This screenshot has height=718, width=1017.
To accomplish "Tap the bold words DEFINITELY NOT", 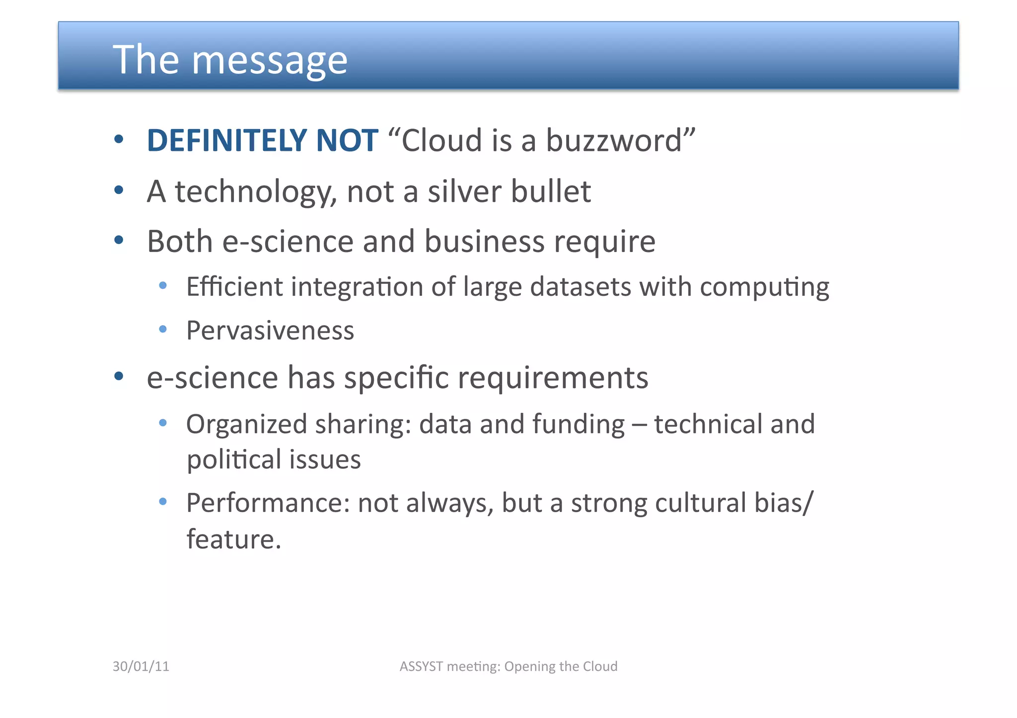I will pyautogui.click(x=262, y=140).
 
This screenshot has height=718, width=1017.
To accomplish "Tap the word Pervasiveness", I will pyautogui.click(x=270, y=330).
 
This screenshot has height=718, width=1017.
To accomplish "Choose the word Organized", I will pyautogui.click(x=246, y=425).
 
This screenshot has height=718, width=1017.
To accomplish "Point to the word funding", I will pyautogui.click(x=578, y=425).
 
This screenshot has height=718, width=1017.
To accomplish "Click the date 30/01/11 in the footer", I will pyautogui.click(x=141, y=666).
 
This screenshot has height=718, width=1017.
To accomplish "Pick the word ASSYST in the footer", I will pyautogui.click(x=421, y=666).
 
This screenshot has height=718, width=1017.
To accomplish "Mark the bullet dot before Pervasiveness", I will pyautogui.click(x=162, y=329).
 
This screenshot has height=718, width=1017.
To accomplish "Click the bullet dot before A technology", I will pyautogui.click(x=118, y=190).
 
